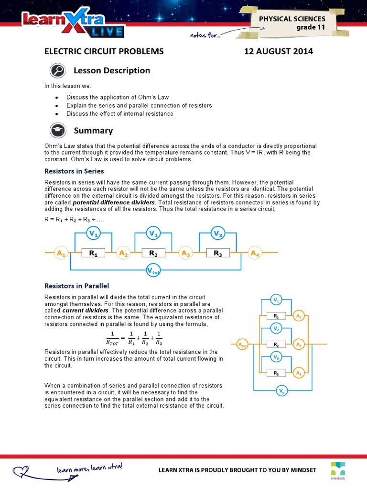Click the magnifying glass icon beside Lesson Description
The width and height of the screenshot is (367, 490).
(x=57, y=71)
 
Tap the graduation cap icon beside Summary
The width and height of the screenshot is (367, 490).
(x=57, y=131)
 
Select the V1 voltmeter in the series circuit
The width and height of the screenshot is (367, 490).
(x=93, y=234)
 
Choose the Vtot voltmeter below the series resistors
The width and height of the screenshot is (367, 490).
(x=153, y=271)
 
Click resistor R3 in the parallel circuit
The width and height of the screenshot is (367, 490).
(x=276, y=373)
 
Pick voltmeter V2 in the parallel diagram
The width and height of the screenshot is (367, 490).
(x=276, y=328)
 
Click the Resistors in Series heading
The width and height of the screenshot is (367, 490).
(x=74, y=171)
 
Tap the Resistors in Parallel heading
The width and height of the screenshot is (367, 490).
(x=77, y=286)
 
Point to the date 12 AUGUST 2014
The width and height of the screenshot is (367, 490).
(x=279, y=51)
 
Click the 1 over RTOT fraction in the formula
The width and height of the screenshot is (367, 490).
(x=113, y=337)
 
